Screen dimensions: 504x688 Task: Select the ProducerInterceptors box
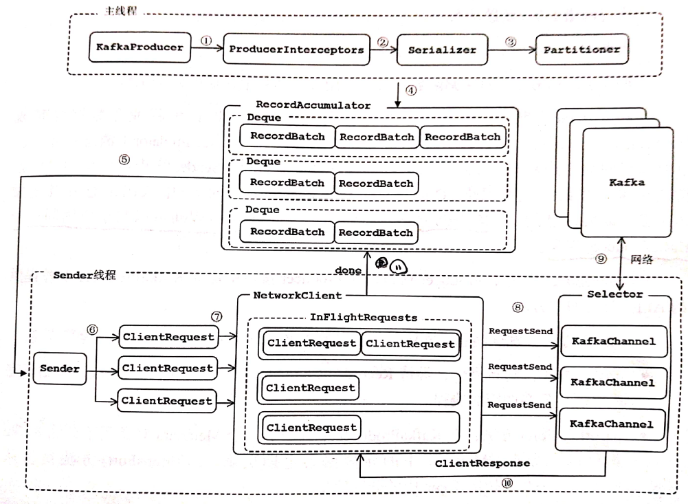click(x=296, y=50)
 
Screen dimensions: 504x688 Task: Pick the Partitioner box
click(x=581, y=50)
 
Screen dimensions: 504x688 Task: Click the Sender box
click(x=60, y=369)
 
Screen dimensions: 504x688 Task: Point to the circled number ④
click(x=411, y=89)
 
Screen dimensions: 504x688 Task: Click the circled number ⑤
click(x=124, y=157)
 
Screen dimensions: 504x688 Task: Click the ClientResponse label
click(x=482, y=463)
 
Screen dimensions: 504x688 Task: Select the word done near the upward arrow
click(x=348, y=270)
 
